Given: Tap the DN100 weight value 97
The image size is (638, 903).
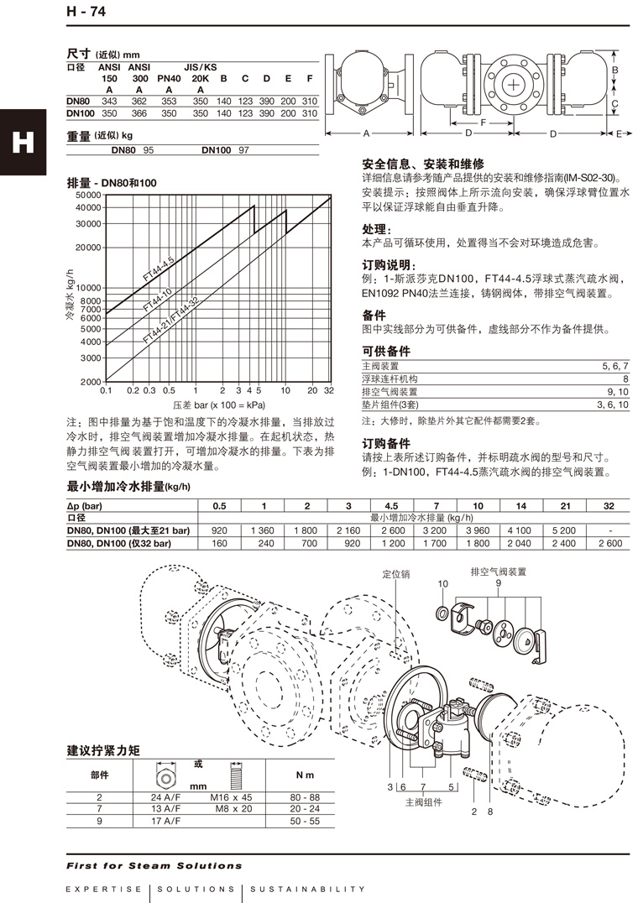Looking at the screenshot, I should pyautogui.click(x=244, y=149).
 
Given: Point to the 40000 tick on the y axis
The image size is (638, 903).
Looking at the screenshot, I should pyautogui.click(x=88, y=206).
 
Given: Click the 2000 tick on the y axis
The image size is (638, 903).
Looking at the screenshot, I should pyautogui.click(x=91, y=382).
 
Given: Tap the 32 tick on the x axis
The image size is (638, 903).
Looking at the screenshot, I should pyautogui.click(x=328, y=390).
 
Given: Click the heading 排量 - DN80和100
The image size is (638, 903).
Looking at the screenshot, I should pyautogui.click(x=112, y=183).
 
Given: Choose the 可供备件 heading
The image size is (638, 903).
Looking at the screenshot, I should pyautogui.click(x=386, y=351).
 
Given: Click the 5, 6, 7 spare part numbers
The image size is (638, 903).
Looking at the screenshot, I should pyautogui.click(x=614, y=367).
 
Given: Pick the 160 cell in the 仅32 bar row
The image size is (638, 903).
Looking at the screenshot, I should pyautogui.click(x=220, y=543).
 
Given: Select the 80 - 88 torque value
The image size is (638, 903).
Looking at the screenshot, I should pyautogui.click(x=303, y=797).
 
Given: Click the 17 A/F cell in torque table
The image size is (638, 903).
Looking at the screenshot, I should pyautogui.click(x=165, y=821).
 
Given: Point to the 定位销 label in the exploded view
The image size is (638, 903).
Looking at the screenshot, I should pyautogui.click(x=396, y=575).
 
